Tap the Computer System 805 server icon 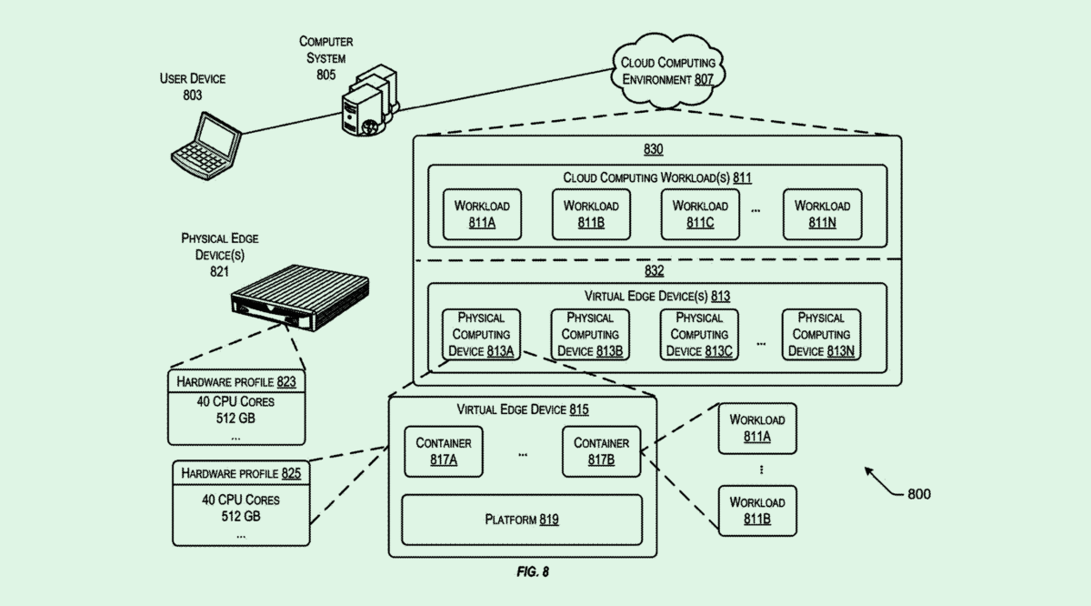(x=369, y=100)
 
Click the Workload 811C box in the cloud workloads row (x=699, y=214)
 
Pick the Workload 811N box (x=822, y=214)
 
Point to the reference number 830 (x=654, y=150)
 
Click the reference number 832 (x=654, y=271)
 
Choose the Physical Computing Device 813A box (x=481, y=334)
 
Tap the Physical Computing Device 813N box (x=821, y=334)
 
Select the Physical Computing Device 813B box (x=590, y=334)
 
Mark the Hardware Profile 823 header (x=236, y=381)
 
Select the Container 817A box (x=443, y=451)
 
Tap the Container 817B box (x=600, y=451)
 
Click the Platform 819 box (x=522, y=520)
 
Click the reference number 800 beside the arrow (x=918, y=494)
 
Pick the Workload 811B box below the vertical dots (x=756, y=510)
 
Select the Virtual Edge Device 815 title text (x=523, y=410)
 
